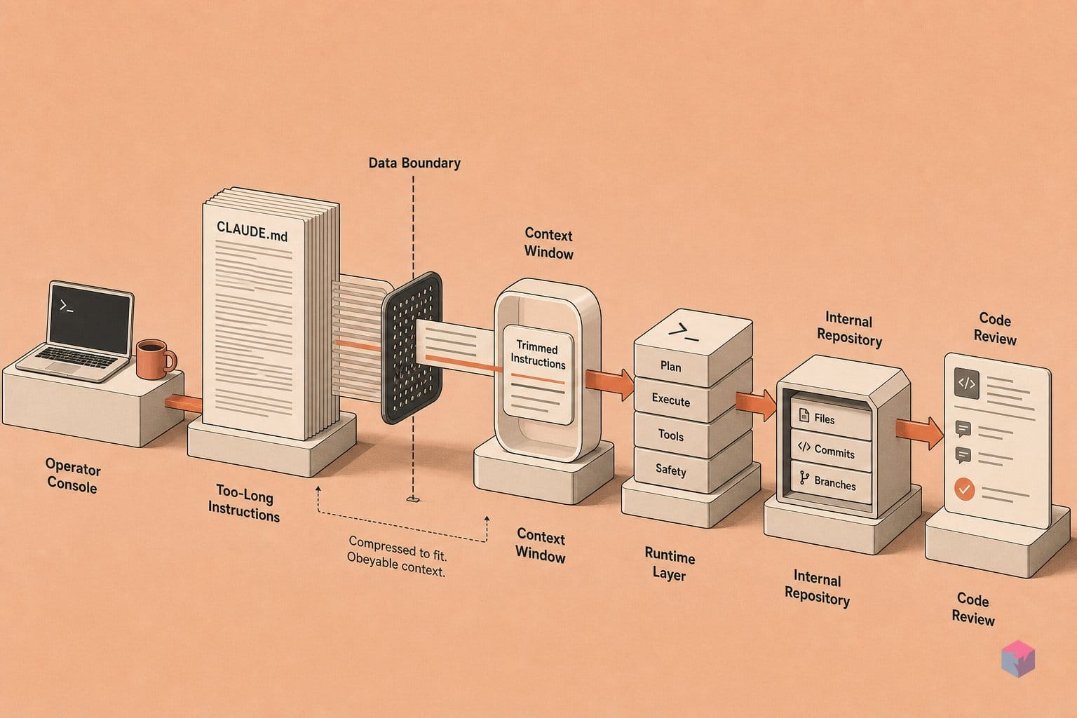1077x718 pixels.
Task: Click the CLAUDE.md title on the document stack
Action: pos(252,231)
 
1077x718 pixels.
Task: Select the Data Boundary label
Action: pos(414,163)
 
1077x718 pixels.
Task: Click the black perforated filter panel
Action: pos(412,347)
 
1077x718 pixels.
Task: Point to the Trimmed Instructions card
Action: pos(538,374)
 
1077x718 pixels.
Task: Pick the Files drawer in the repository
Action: pos(831,417)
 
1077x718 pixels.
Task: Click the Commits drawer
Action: pos(831,451)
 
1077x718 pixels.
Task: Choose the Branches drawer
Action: pos(831,483)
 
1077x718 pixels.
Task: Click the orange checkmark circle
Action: pos(964,489)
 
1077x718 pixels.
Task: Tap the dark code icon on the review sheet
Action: pos(966,383)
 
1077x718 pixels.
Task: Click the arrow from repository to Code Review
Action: pos(919,432)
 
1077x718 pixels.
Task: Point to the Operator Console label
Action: pos(73,475)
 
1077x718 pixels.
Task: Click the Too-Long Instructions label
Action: pos(244,503)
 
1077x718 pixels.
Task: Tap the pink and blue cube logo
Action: pos(1018,659)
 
